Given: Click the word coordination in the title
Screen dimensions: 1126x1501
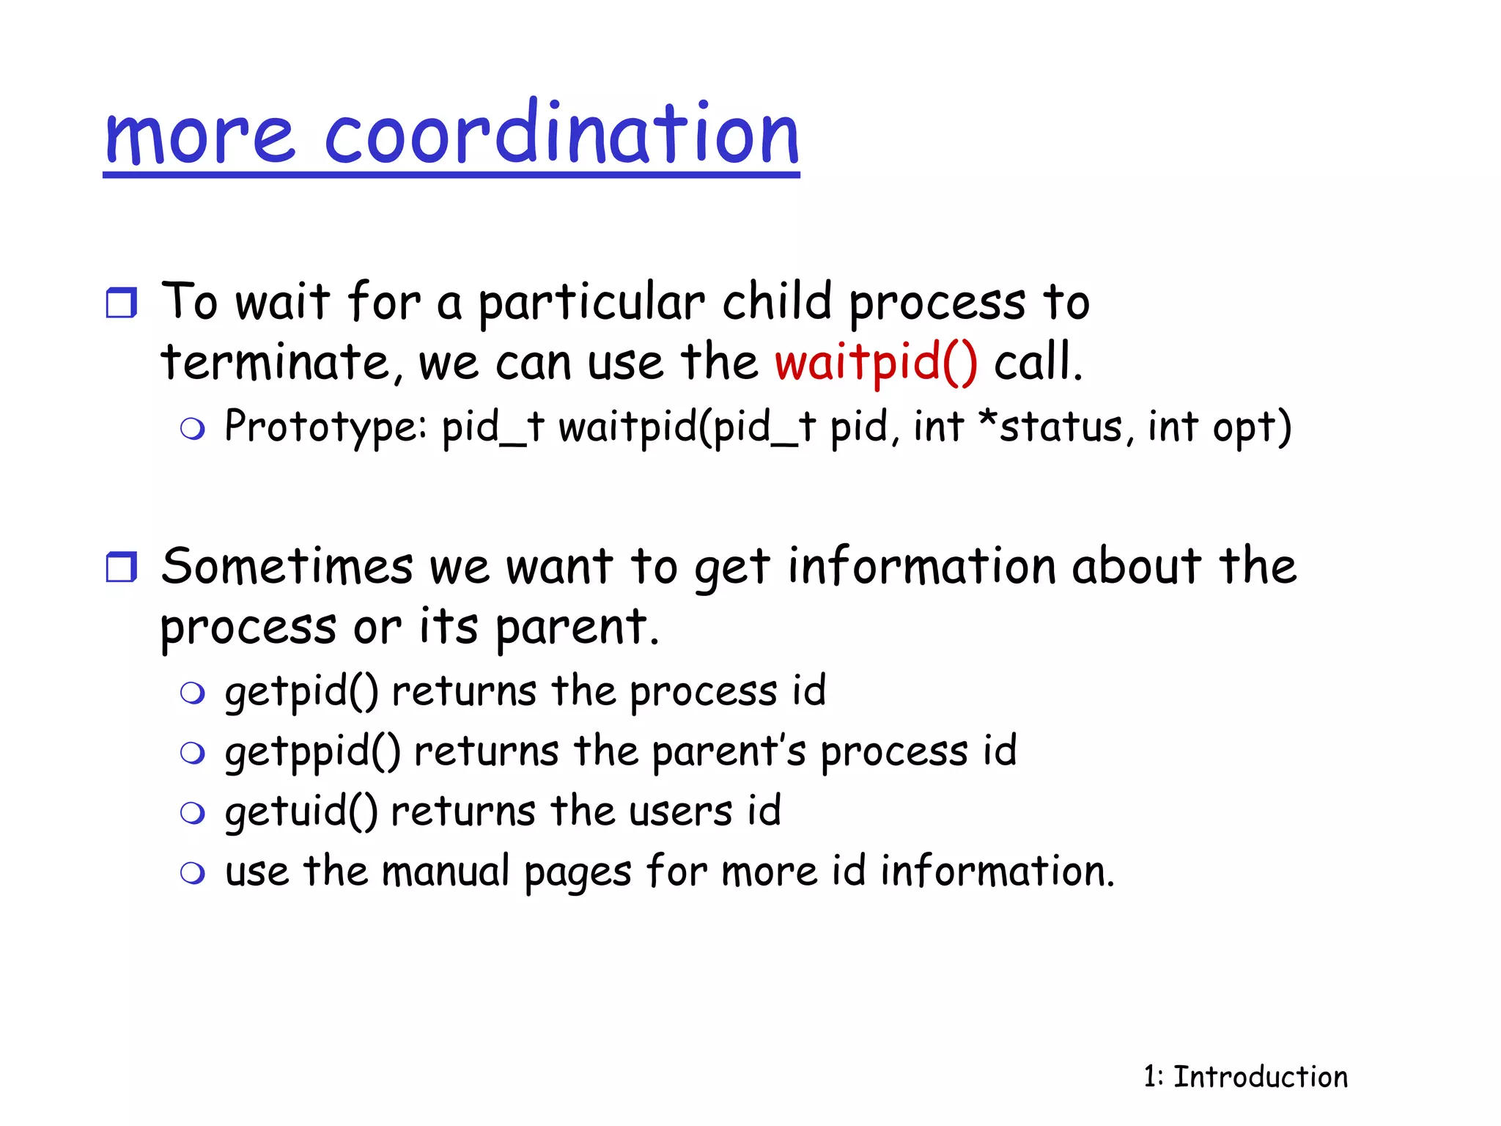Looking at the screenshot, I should point(561,135).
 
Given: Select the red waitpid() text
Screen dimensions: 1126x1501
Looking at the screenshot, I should point(876,362).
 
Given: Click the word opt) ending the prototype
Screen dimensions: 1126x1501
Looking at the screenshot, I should point(1251,428).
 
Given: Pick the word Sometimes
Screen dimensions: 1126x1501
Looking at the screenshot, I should point(287,567).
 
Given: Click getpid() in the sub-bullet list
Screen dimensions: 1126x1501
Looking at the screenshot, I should point(301,691).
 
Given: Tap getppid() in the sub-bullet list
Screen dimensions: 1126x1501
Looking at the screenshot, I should point(312,752).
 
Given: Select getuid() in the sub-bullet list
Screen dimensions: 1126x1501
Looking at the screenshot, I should point(300,812).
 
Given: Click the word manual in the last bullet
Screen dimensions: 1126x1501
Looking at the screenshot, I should point(445,872).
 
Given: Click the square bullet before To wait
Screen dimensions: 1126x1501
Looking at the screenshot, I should point(121,302).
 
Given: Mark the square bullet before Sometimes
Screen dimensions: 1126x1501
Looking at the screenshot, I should point(121,567).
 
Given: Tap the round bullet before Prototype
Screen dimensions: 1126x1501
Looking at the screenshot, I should point(192,429).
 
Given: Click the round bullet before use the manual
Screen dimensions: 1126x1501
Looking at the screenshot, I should point(192,873).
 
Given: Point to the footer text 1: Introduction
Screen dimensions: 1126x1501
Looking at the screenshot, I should point(1245,1077).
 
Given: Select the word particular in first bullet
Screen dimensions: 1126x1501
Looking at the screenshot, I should point(591,303).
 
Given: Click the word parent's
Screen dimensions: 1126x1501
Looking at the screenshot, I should point(729,752).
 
